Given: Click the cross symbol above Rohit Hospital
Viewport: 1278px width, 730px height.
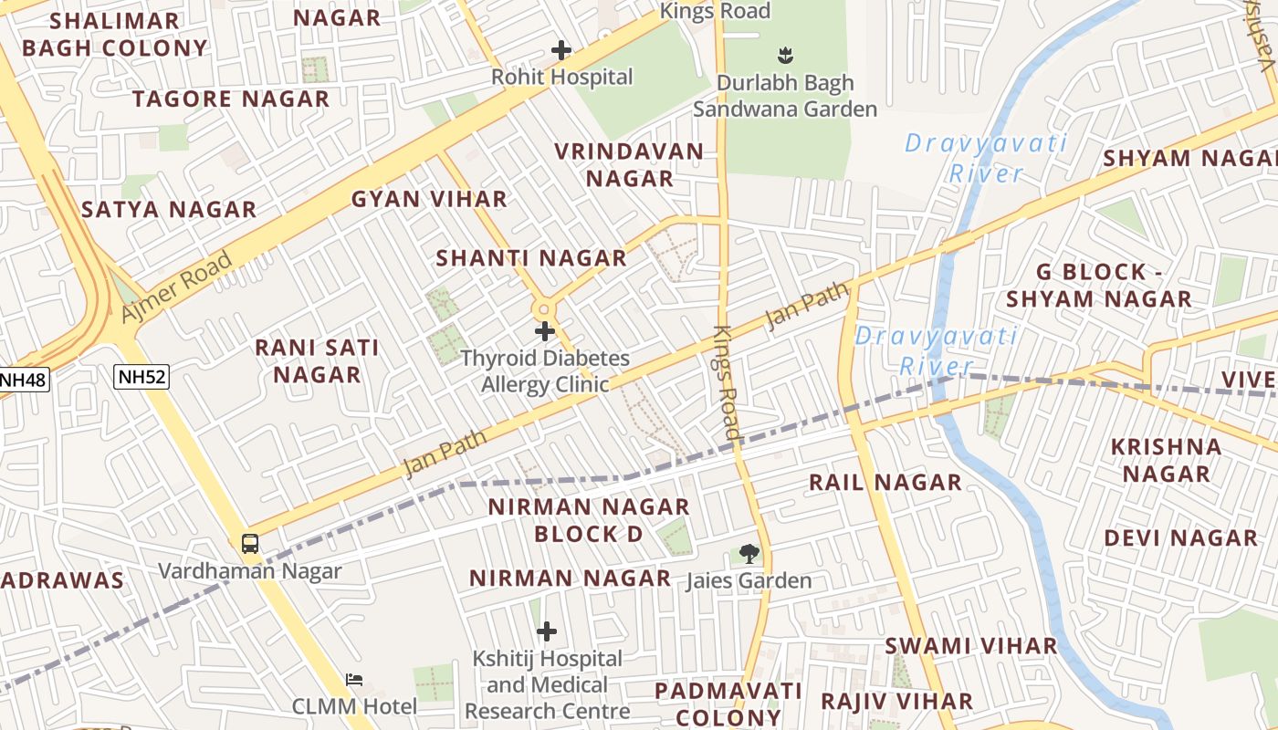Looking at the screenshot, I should coord(561,50).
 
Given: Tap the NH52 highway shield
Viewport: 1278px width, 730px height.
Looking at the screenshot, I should coord(141,376).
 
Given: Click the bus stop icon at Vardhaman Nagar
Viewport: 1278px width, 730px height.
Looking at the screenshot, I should coord(249,544).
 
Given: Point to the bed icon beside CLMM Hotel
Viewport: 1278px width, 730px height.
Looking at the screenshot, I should coord(354,680).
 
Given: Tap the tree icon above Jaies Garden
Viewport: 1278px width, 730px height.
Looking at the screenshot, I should coord(749,553).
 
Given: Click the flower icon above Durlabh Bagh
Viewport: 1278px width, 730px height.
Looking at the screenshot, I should coord(784,55).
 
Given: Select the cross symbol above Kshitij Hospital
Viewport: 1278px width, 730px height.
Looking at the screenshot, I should coord(547,631).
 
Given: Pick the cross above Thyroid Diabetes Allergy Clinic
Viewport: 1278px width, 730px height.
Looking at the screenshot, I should coord(545,330).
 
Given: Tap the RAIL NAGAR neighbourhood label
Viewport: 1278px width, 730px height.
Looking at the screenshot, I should coord(885,483).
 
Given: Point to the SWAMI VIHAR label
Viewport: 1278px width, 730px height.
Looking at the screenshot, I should coord(971,646).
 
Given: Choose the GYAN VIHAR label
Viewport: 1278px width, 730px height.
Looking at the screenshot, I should coord(429,199).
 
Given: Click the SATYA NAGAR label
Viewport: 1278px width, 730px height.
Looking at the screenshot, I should coord(169,210).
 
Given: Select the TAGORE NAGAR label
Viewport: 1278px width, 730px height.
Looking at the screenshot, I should coord(231,99).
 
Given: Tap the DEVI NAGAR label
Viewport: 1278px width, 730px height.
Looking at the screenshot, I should coord(1181,538).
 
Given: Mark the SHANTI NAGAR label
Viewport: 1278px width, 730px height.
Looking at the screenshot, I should coord(531,258).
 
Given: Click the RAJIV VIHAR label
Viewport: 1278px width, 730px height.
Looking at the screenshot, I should coord(896,701).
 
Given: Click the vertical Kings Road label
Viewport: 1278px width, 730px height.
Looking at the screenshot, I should coord(726,383).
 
